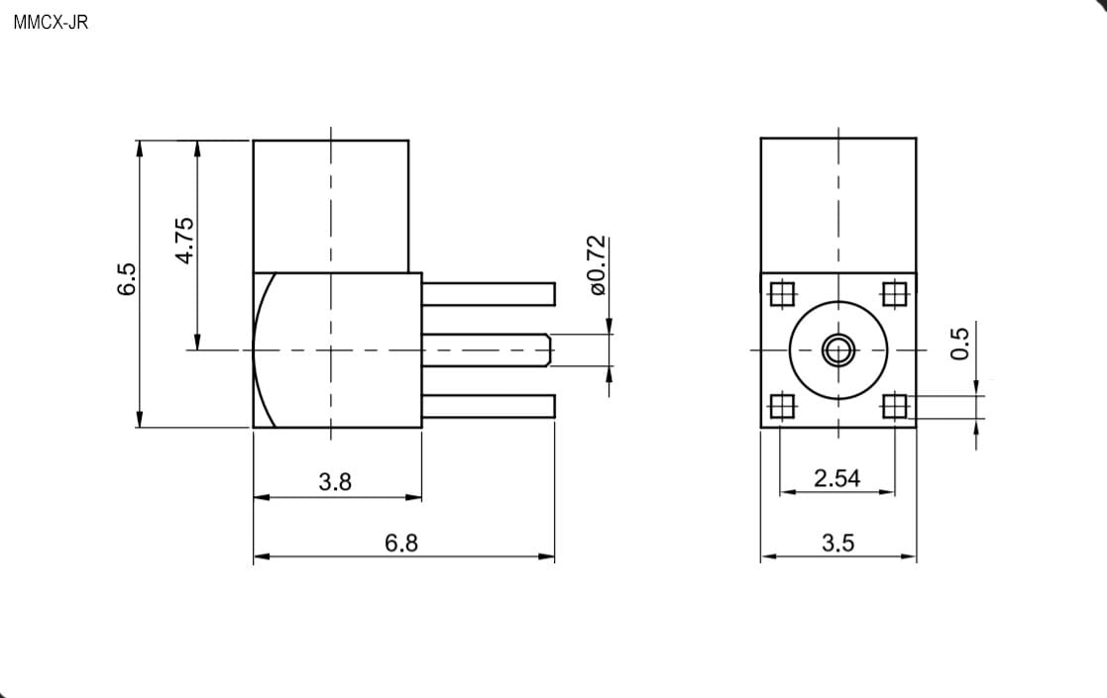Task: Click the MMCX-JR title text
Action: (x=51, y=23)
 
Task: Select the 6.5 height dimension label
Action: (x=127, y=278)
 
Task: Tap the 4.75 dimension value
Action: (x=184, y=241)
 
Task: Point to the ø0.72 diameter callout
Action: (x=597, y=265)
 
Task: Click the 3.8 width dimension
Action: (x=335, y=482)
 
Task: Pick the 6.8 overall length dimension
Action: (x=401, y=543)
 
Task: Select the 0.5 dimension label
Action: (x=960, y=344)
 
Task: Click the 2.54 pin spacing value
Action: (x=836, y=479)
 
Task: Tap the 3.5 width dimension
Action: (x=838, y=543)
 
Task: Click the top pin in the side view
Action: (x=489, y=294)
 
